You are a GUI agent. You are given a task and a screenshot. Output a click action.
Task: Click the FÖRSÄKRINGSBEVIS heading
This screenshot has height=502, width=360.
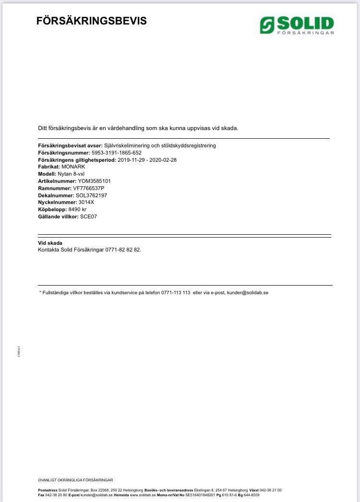coord(92,21)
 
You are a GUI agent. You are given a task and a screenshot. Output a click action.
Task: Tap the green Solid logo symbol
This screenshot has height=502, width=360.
coord(267,24)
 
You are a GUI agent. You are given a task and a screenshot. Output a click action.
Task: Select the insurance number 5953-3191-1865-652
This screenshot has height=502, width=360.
coord(116,153)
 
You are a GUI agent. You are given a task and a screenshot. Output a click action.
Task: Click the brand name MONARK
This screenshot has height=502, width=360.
coord(73,167)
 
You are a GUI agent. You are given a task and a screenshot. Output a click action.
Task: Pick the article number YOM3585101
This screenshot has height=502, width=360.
coord(94,181)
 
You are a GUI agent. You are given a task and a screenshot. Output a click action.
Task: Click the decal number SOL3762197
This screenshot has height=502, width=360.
coord(91,195)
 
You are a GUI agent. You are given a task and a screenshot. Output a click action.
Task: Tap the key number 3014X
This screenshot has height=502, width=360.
coord(86,202)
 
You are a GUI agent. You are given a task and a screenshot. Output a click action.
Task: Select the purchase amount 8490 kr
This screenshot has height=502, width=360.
coord(77,209)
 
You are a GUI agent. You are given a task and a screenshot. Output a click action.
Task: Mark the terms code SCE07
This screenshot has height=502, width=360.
coord(89,216)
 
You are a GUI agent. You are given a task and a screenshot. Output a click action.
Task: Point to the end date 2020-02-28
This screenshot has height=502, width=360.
coord(163,160)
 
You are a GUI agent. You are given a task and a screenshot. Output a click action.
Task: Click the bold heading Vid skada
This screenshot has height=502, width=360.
coord(50,243)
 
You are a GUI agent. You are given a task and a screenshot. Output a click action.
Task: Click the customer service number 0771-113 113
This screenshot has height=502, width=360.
coord(176,292)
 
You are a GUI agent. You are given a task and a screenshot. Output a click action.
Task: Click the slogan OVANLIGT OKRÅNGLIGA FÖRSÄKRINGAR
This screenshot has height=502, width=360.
coord(75,480)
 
